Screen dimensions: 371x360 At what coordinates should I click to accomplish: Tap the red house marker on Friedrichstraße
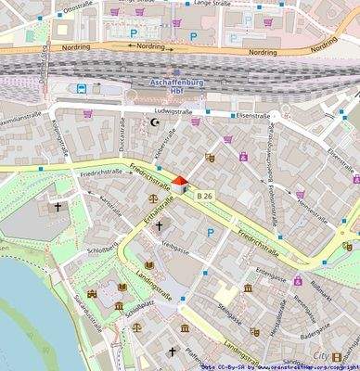point(179,184)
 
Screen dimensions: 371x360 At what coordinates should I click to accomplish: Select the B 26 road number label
point(205,195)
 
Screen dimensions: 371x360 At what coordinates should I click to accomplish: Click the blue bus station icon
point(83,89)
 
